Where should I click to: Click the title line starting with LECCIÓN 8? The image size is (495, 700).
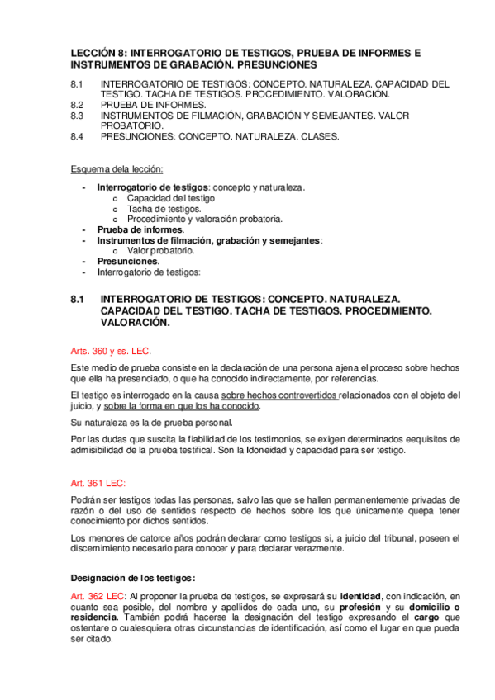(x=245, y=53)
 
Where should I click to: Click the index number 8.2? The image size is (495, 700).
(x=78, y=105)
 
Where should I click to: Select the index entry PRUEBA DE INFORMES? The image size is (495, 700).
(x=153, y=105)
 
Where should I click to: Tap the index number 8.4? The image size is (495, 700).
(x=78, y=136)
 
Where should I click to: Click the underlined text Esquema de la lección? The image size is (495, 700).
(x=116, y=169)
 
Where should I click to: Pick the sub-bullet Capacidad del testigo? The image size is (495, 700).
(x=171, y=198)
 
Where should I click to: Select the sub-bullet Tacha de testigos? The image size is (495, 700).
(x=164, y=209)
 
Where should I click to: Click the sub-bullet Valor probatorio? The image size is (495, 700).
(x=161, y=250)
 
